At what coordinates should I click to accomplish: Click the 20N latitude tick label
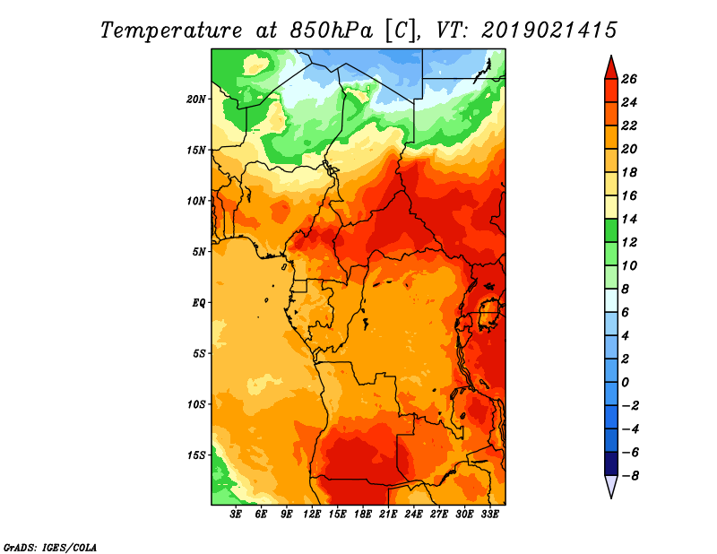pos(196,100)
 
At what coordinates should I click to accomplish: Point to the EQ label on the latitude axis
pos(198,303)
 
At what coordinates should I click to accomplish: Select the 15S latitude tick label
pos(196,455)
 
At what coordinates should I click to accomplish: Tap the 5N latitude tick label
pos(199,252)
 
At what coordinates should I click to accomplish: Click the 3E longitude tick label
pos(236,515)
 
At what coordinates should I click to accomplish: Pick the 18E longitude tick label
pos(363,515)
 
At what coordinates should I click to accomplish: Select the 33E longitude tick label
pos(489,515)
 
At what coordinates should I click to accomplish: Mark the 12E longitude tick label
pos(312,515)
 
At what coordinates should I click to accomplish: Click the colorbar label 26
pos(629,79)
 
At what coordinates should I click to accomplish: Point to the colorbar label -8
pos(630,476)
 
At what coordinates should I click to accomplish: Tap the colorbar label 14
pos(629,219)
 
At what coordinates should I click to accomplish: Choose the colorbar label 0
pos(625,383)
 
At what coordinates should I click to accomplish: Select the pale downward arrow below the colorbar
pos(611,486)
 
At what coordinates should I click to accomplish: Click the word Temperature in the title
pos(170,30)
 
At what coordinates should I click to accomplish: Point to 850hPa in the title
pos(331,30)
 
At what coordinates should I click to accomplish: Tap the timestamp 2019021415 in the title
pos(549,30)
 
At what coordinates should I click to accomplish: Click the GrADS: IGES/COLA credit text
pos(50,548)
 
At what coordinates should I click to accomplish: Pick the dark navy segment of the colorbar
pos(611,463)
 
